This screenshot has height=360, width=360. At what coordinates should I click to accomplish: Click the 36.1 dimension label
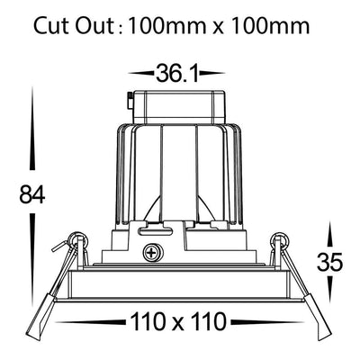[177, 74]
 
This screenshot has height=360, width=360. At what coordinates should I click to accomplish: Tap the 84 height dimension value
[32, 194]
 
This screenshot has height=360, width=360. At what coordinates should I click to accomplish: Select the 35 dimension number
[329, 262]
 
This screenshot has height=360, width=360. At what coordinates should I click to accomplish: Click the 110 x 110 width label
[178, 321]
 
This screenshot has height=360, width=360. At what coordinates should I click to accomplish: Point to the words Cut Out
[73, 26]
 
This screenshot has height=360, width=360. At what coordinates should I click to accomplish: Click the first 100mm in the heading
[166, 26]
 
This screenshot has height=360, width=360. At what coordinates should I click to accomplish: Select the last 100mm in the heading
[270, 26]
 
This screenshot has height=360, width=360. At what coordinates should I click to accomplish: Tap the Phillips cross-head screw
[152, 252]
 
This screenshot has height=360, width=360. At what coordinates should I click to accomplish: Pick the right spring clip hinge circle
[280, 240]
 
